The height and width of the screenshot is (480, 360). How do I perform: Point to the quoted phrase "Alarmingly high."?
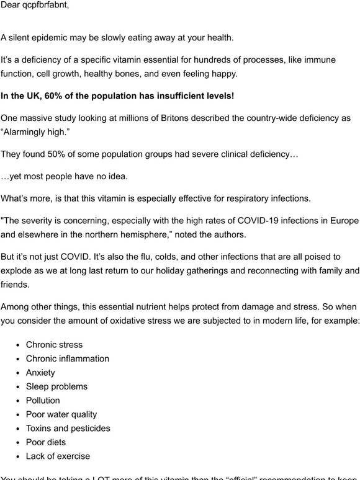coord(37,132)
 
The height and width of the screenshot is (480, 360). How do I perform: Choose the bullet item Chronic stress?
coord(54,345)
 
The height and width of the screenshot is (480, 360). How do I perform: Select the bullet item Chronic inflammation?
coord(67,358)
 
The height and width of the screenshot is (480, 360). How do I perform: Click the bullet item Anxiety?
coord(40,373)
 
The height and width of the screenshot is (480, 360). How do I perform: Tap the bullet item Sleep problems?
coord(56,386)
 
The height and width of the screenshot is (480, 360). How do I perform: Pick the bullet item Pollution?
coord(43,401)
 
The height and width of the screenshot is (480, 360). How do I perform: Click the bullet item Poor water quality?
coord(61,414)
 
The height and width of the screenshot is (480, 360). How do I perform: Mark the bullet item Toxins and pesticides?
coord(68,429)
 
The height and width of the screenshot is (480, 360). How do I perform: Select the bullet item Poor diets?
coord(46,442)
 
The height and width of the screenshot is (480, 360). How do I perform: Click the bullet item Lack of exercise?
coord(58,456)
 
